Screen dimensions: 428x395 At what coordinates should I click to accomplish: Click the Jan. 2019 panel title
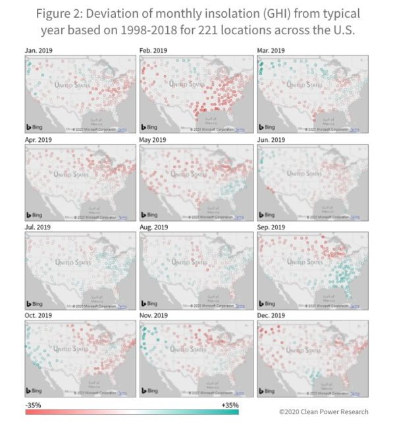pos(38,51)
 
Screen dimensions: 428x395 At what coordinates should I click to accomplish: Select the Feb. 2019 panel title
pos(153,51)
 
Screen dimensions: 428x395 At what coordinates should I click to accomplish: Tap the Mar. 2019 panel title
pos(271,51)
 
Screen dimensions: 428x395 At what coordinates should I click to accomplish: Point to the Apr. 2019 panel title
pos(38,140)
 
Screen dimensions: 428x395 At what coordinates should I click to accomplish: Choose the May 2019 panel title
pos(153,140)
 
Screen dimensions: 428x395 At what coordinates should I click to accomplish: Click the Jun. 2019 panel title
pos(271,140)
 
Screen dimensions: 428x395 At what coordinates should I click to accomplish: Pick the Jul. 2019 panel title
pos(37,228)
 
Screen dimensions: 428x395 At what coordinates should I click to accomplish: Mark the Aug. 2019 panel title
pos(154,228)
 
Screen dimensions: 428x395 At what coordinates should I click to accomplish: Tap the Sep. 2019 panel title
pos(271,228)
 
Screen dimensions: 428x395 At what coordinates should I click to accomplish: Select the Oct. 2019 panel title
pos(38,315)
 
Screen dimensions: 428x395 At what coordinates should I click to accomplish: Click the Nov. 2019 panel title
pos(154,315)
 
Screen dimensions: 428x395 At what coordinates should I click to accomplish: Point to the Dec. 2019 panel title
pos(271,315)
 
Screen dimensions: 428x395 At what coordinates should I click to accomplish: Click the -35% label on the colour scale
pos(34,404)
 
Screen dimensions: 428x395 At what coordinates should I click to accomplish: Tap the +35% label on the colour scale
pos(230,404)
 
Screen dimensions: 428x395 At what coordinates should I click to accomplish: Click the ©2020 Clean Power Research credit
pos(323,412)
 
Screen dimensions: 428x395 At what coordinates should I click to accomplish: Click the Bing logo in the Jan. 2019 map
pos(34,127)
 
